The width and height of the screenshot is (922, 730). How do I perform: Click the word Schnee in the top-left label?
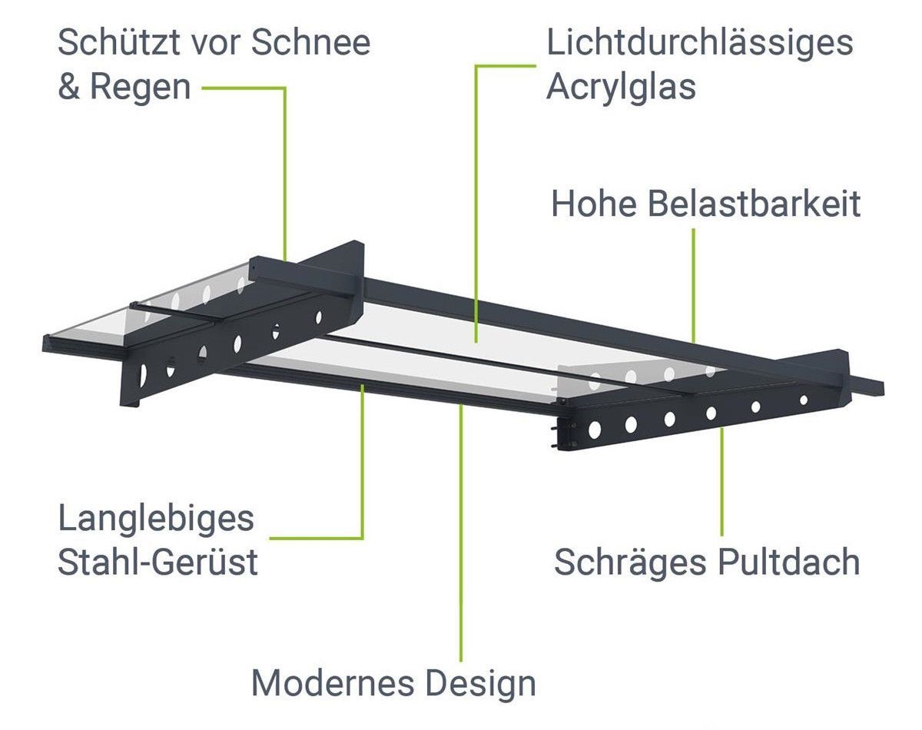(310, 42)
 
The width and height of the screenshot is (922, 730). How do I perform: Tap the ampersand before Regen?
(68, 87)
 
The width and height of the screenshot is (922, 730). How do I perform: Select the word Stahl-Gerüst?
(158, 562)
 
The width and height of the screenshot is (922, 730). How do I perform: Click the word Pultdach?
(789, 562)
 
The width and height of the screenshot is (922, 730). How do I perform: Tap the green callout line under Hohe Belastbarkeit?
(693, 285)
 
